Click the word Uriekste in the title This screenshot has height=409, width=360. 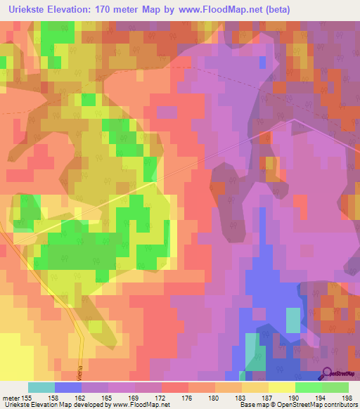(x=26, y=9)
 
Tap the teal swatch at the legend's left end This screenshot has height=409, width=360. (x=41, y=387)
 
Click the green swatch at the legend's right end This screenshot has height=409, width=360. (x=335, y=387)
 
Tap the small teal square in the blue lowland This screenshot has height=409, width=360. (x=292, y=320)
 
